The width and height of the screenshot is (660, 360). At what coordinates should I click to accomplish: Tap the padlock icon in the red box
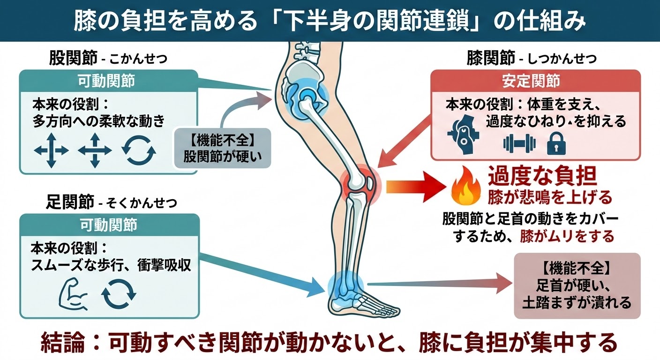[556, 144]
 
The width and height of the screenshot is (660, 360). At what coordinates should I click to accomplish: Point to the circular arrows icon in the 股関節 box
[139, 150]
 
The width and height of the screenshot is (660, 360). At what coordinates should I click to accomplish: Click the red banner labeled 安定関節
[535, 81]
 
